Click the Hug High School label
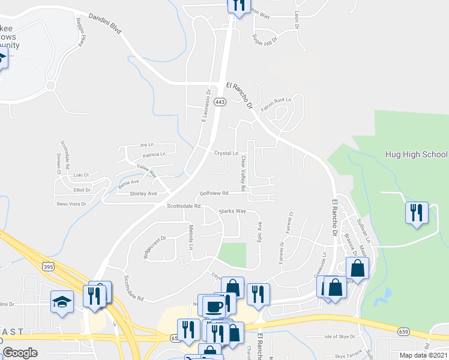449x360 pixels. [416, 154]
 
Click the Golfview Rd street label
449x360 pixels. [214, 193]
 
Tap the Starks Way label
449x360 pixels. [232, 211]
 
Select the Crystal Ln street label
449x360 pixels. [226, 154]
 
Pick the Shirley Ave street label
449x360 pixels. [143, 194]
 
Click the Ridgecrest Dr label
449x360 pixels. [154, 247]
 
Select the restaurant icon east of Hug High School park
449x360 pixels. [416, 212]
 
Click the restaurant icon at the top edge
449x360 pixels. [238, 6]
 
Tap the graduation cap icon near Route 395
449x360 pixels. [61, 301]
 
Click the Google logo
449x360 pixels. [20, 353]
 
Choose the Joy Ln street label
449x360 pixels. [143, 145]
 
